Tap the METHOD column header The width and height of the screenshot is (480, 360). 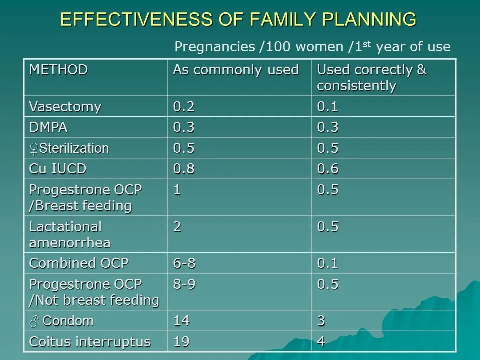pos(58,70)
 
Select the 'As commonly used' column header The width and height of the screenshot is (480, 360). pos(235,70)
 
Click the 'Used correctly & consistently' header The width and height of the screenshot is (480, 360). pos(372,78)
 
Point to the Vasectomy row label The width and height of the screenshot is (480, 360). pos(65,107)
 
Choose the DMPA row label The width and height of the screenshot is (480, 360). pos(48,127)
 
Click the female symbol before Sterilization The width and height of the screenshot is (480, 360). pos(34,148)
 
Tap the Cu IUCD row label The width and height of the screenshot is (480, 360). pos(57,169)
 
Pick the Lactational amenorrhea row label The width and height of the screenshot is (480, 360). pos(70,234)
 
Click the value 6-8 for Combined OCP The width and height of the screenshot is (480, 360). pos(184,263)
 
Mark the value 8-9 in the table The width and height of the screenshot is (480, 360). pos(184,284)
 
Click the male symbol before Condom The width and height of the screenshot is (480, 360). pos(33,321)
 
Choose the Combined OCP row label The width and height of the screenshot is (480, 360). pos(79,263)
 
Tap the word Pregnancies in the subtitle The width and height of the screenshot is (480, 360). pos(214,47)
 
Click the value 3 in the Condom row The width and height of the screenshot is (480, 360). pos(321,321)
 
